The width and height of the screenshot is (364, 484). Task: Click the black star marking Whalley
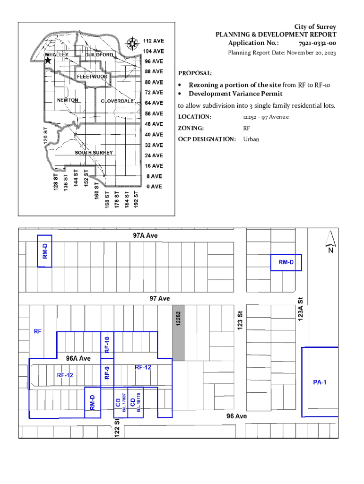[48, 60]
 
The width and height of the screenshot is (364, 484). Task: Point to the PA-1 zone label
[320, 382]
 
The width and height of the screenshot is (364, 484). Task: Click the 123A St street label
[301, 309]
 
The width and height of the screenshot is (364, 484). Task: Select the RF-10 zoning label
[107, 345]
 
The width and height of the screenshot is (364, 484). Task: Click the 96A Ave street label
[78, 358]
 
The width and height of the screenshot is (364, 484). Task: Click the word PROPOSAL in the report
[195, 73]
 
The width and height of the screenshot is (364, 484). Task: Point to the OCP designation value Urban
[251, 139]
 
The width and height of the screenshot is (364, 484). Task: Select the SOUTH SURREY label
[94, 153]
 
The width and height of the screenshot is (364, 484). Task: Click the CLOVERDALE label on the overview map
[118, 101]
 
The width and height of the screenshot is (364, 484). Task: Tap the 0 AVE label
[154, 187]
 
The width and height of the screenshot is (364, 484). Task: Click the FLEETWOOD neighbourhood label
[92, 77]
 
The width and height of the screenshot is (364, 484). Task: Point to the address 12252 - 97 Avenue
[266, 117]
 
